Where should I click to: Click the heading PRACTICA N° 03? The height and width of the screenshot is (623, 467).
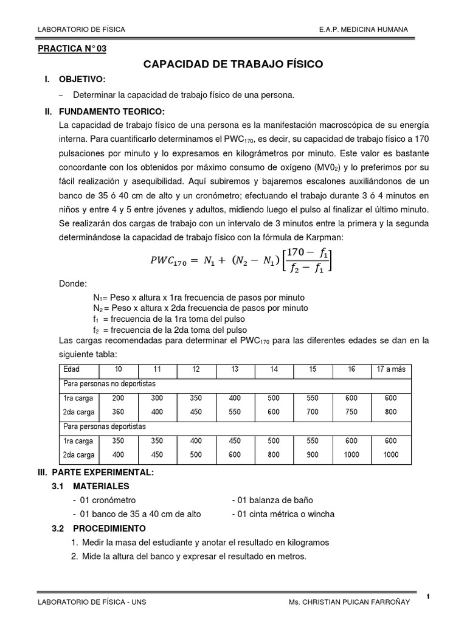[72, 49]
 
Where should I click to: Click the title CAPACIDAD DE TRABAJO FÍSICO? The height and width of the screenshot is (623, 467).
[233, 64]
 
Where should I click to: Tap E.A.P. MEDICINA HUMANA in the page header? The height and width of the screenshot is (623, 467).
[363, 29]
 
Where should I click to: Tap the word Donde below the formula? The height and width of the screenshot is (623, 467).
[73, 284]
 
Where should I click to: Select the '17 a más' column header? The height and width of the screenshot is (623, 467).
[390, 369]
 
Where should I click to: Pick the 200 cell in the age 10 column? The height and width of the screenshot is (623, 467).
[118, 398]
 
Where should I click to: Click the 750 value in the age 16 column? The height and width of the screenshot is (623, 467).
[351, 412]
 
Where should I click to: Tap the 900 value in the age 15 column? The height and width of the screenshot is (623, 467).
[313, 454]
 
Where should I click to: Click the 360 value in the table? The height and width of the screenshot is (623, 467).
[118, 412]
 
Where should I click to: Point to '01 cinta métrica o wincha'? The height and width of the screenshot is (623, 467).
[283, 514]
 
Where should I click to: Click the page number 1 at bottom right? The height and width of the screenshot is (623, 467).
[428, 596]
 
